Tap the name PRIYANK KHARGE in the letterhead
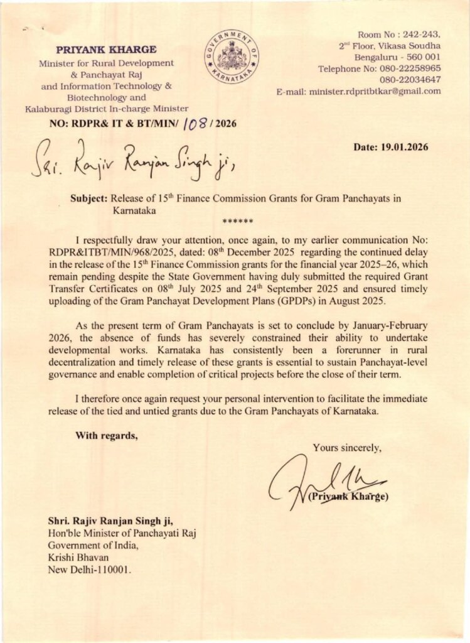(x=107, y=50)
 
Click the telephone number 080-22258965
(x=410, y=68)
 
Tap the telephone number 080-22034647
(x=410, y=80)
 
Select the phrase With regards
(x=106, y=435)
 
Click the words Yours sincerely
(x=346, y=448)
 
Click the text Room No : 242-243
(x=398, y=34)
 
